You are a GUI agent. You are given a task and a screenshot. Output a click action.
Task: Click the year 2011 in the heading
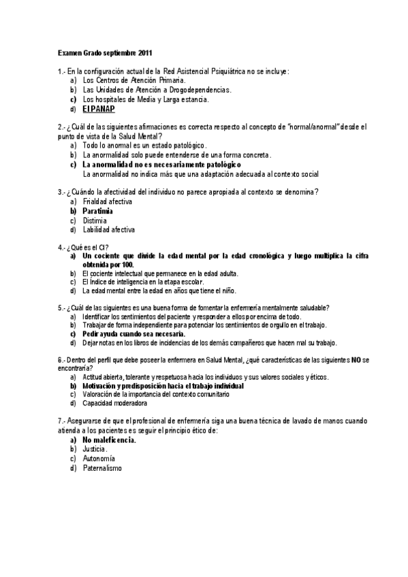pyautogui.click(x=145, y=52)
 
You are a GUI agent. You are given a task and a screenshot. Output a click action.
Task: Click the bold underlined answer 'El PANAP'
pyautogui.click(x=98, y=109)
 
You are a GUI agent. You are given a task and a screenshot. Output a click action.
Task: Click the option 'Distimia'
pyautogui.click(x=95, y=220)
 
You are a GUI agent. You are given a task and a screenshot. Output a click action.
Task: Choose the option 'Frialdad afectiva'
pyautogui.click(x=107, y=202)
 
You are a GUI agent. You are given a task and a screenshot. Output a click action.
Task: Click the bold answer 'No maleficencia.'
pyautogui.click(x=109, y=440)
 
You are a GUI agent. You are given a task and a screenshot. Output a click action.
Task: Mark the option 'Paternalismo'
pyautogui.click(x=103, y=468)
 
